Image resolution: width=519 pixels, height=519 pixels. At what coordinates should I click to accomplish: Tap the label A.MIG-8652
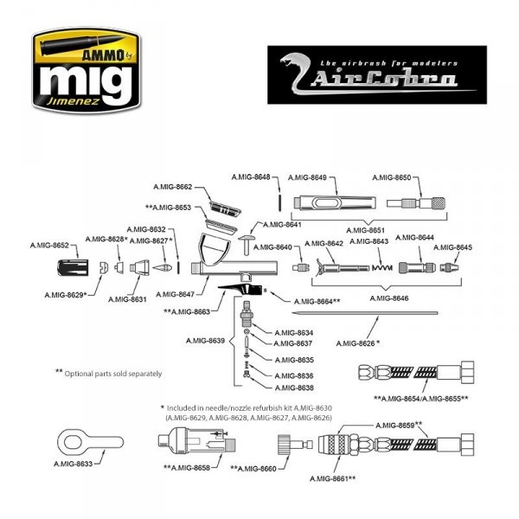49,247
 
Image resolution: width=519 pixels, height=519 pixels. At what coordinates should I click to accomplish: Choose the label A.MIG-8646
388,298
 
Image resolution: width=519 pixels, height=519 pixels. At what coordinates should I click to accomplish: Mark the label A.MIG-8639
205,341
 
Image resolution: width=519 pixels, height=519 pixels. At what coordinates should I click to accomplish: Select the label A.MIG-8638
293,388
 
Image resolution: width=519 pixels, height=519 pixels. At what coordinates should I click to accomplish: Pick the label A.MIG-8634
293,332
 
